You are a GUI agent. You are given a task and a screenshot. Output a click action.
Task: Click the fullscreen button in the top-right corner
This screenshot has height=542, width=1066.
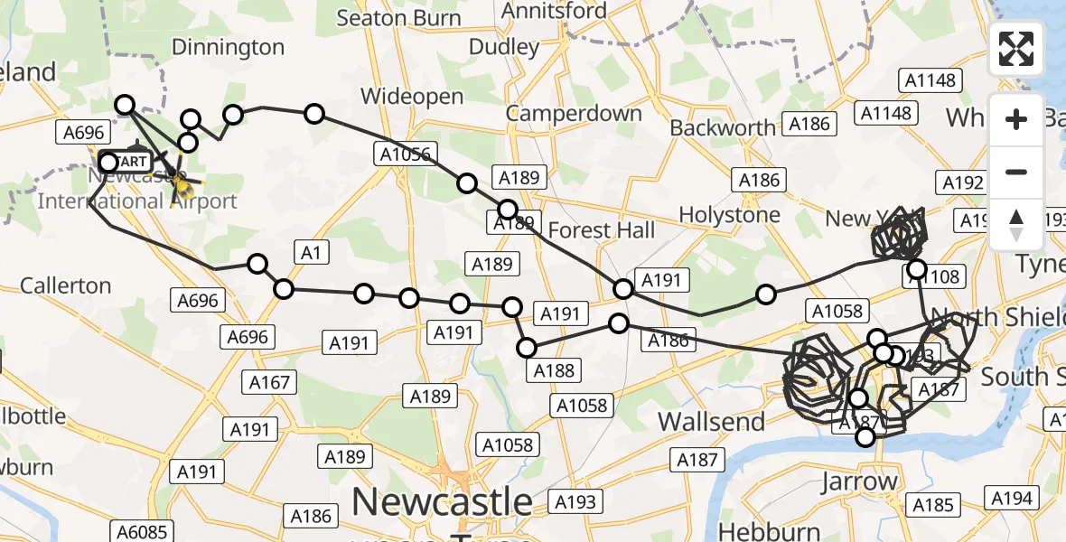tap(1016, 49)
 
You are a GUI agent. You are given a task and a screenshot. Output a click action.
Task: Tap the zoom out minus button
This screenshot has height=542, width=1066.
tap(1016, 172)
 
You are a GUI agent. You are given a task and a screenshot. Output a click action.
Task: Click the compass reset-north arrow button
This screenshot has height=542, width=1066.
tap(1016, 225)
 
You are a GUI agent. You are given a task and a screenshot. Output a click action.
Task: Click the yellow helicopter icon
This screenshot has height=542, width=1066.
tap(182, 187)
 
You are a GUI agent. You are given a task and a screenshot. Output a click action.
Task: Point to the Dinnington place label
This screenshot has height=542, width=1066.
tap(228, 47)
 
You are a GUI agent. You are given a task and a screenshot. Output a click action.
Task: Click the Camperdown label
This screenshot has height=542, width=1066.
tap(574, 113)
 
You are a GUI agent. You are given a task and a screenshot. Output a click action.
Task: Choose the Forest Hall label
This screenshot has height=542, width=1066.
tap(601, 230)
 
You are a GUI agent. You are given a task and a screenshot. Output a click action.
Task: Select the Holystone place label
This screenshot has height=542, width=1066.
tap(729, 215)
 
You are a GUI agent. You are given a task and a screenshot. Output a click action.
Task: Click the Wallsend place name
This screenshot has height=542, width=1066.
tap(711, 421)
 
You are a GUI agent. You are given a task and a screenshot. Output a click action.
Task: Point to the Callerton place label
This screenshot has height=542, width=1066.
tap(65, 285)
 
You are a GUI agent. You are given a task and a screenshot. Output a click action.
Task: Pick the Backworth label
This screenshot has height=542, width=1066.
tap(722, 128)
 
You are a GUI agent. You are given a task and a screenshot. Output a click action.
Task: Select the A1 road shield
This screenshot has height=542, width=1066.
tap(310, 254)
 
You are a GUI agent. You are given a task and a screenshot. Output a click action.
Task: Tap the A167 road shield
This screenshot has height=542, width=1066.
tap(270, 382)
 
